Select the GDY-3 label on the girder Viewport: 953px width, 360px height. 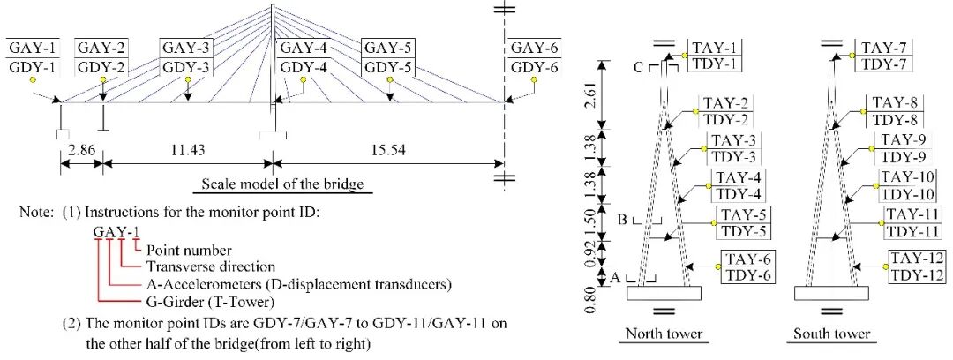pos(186,67)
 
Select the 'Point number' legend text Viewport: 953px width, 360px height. pos(190,251)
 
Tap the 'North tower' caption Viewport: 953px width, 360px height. pos(664,334)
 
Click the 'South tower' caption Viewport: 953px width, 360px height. pos(830,334)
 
